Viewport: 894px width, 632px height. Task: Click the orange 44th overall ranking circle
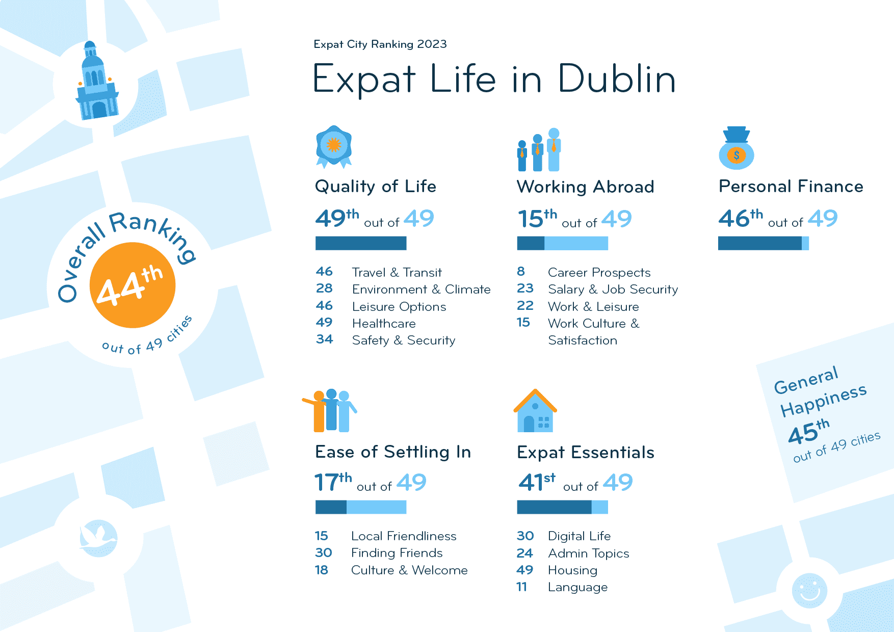tap(133, 285)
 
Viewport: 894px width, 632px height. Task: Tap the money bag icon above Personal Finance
tap(736, 148)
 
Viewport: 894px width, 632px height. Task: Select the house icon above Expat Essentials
tap(535, 411)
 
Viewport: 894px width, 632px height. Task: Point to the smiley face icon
tap(809, 590)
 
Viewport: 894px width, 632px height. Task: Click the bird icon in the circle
tap(98, 538)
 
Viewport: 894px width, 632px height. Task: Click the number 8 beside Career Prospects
tap(521, 272)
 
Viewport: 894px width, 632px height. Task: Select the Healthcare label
tap(384, 324)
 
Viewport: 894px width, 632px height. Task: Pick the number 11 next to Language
tap(521, 587)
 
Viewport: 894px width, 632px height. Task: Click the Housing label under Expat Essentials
tap(572, 570)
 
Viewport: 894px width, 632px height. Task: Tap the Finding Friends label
tap(397, 553)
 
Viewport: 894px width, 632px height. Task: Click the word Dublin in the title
tap(617, 79)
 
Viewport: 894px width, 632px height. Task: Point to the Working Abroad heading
tap(585, 187)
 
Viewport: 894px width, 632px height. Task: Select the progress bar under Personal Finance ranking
tap(763, 244)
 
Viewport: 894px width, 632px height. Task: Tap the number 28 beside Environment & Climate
tap(324, 288)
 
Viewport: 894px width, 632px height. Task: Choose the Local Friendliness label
tap(404, 536)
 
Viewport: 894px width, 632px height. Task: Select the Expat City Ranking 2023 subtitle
tap(380, 44)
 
